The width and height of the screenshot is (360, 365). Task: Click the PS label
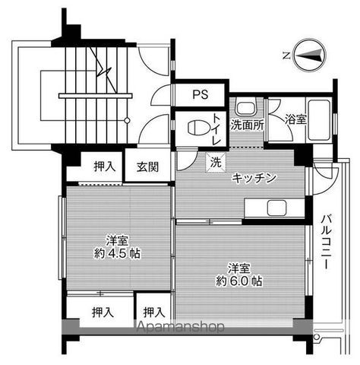199,95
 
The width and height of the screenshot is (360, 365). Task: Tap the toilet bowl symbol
195,128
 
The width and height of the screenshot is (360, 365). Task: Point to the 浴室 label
296,119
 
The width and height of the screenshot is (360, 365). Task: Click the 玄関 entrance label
147,167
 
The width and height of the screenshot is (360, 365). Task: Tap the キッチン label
254,178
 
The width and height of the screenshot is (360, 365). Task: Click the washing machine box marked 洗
216,161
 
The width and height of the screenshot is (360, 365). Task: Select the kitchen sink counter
273,208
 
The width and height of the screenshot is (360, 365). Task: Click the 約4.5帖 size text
117,252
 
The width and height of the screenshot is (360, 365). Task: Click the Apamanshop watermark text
180,328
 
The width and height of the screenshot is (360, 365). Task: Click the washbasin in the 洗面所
243,106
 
